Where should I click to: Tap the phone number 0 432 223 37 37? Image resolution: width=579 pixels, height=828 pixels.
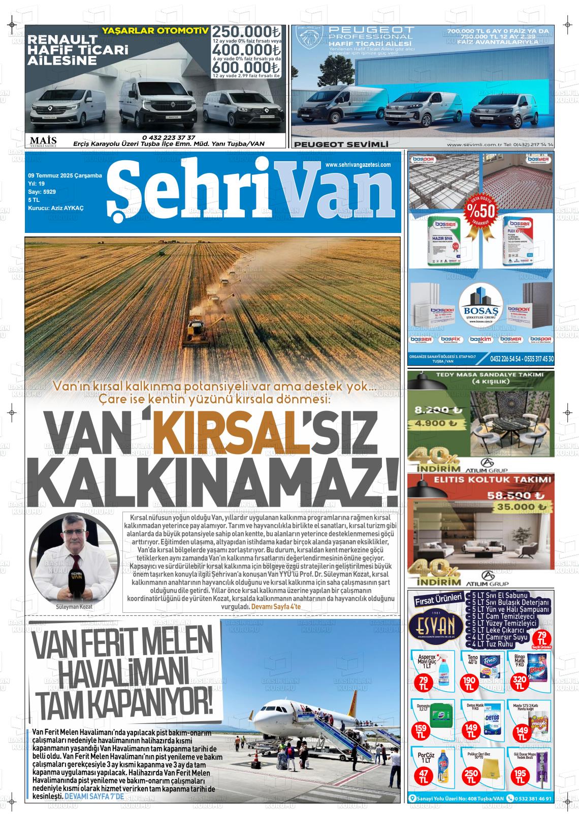[x=169, y=137]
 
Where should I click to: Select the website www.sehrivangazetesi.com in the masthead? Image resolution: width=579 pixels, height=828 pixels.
[x=358, y=165]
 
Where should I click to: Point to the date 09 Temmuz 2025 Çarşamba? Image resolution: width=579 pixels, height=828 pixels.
[x=65, y=175]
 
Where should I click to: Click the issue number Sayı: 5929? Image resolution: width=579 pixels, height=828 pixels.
[x=42, y=192]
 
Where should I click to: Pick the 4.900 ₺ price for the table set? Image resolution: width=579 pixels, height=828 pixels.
[x=435, y=423]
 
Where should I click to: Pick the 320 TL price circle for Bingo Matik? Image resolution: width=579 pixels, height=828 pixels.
[x=520, y=681]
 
